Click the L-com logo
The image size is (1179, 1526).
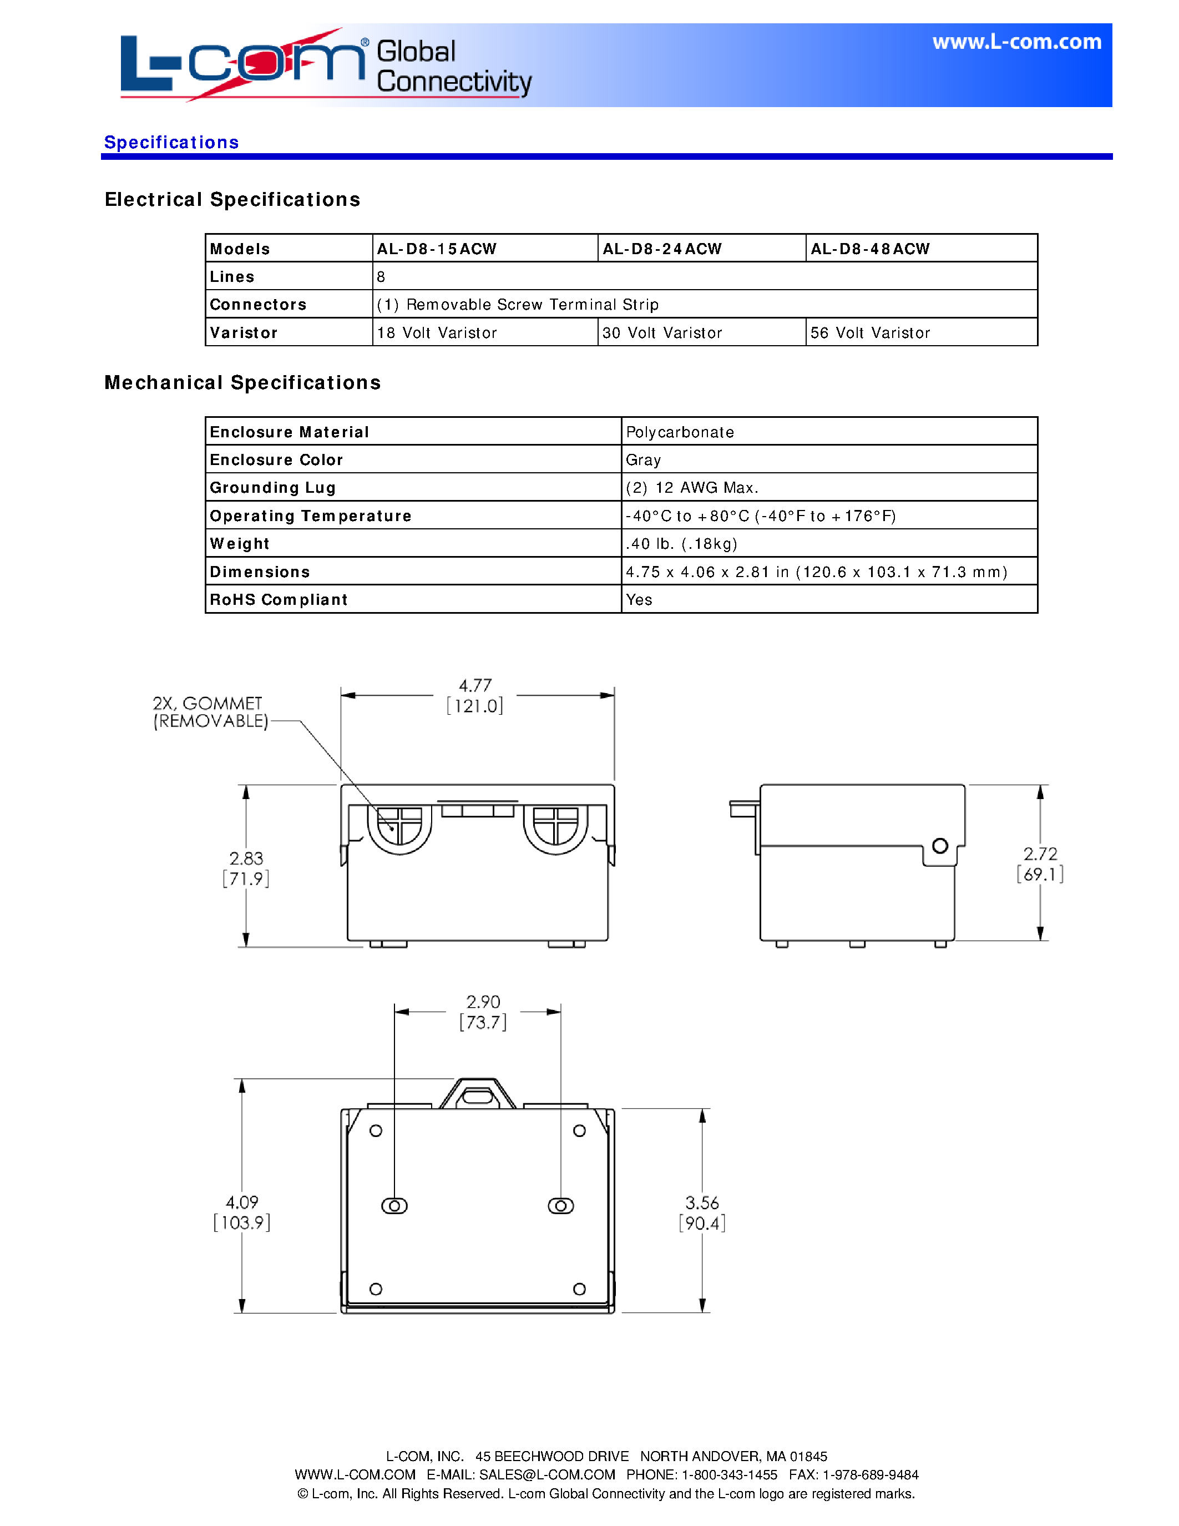[242, 64]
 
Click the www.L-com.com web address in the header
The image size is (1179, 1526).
[1016, 42]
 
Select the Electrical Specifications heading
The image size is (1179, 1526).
[232, 200]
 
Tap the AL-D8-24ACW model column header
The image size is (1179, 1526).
[661, 249]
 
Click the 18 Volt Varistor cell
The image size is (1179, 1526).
[437, 332]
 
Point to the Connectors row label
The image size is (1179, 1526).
[258, 305]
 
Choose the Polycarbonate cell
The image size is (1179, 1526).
[680, 432]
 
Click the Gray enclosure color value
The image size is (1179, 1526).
[643, 460]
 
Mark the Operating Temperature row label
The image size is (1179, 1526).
[310, 516]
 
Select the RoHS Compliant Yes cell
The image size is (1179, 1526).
[639, 599]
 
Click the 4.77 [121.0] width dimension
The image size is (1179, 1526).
[475, 696]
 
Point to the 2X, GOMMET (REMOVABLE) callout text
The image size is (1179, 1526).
[210, 712]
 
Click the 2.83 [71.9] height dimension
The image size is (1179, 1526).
[246, 868]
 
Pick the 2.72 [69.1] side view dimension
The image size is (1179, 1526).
[1040, 863]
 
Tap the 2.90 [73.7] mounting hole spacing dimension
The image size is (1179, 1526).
[483, 1012]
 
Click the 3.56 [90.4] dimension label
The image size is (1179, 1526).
[702, 1212]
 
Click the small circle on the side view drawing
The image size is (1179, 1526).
[940, 846]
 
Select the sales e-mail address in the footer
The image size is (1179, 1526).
[547, 1474]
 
